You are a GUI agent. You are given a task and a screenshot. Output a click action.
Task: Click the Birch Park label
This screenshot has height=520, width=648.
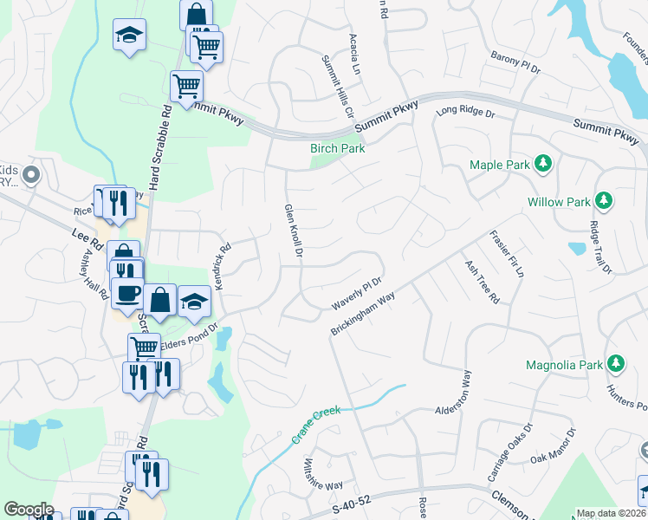coord(338,148)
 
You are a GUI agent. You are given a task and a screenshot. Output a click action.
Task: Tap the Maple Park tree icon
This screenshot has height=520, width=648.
coord(543,164)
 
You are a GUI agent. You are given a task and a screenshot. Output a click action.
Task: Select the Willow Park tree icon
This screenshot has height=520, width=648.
coord(605,202)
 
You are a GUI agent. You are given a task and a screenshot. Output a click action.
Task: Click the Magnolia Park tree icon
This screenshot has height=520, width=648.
coord(616,365)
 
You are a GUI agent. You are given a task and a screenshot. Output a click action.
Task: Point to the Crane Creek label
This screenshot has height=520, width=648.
coord(316,426)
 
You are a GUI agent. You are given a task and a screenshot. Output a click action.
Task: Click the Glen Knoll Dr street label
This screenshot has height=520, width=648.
coord(294,231)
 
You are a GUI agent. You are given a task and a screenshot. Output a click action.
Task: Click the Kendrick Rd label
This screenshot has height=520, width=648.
coord(223,265)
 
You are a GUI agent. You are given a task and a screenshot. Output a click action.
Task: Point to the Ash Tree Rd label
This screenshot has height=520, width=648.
coord(482,282)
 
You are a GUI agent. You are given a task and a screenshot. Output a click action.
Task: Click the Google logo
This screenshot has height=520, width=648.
coord(29,510)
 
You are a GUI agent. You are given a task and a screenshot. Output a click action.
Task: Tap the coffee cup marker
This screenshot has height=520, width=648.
coord(127,293)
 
